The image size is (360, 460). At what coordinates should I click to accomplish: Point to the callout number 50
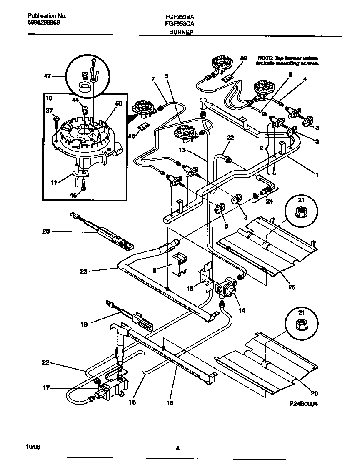119,104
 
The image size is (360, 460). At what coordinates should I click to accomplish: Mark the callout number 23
84,271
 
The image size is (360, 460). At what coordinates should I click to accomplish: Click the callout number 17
45,388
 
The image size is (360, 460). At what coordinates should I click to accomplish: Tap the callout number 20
314,392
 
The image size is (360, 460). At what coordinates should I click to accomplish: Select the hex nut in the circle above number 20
301,324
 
